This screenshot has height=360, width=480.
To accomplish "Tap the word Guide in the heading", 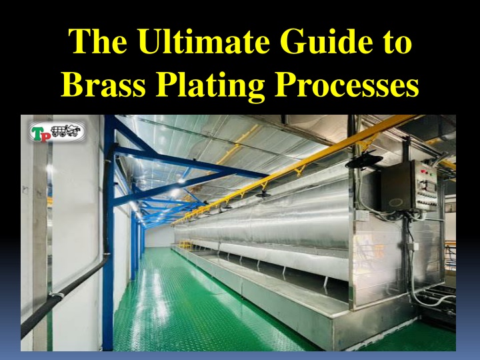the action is (x=326, y=41).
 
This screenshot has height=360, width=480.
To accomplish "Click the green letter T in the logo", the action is (x=36, y=133).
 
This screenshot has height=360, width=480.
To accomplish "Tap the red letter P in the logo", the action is (x=45, y=136).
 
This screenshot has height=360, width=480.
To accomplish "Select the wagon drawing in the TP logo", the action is (x=65, y=131).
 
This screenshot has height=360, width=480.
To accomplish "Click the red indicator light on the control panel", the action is (x=423, y=171).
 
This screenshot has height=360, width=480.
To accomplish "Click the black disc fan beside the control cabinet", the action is (x=364, y=161).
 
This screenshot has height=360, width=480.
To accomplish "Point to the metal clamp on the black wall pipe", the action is (x=56, y=295).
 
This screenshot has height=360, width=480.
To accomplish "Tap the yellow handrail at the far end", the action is (x=185, y=244).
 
